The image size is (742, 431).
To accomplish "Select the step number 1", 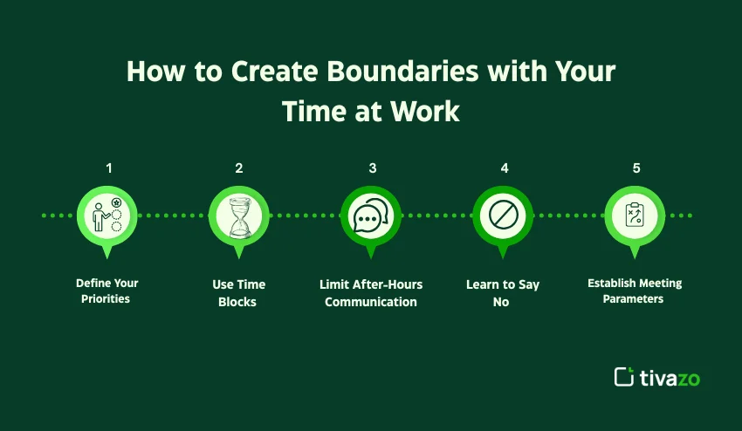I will pyautogui.click(x=109, y=168).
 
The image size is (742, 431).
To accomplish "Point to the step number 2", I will pyautogui.click(x=238, y=168).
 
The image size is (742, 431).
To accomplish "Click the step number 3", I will pyautogui.click(x=372, y=168).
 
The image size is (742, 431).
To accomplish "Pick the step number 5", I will pyautogui.click(x=636, y=168).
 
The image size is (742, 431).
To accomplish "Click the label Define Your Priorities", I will pyautogui.click(x=107, y=291).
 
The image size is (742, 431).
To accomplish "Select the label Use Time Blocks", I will pyautogui.click(x=239, y=293).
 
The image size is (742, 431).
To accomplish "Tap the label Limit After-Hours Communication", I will pyautogui.click(x=371, y=293).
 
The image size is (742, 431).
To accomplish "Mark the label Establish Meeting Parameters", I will pyautogui.click(x=635, y=291).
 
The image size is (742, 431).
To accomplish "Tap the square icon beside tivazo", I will pyautogui.click(x=624, y=377).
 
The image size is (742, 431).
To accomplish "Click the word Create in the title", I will pyautogui.click(x=267, y=72).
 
